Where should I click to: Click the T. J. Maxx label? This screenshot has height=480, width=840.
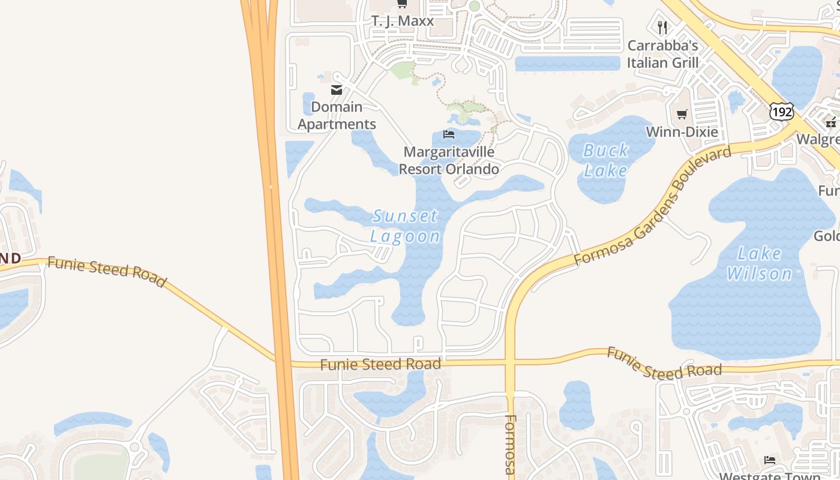point(403,21)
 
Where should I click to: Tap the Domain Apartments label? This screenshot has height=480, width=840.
point(337,116)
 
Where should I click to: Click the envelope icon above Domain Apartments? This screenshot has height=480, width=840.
point(337,90)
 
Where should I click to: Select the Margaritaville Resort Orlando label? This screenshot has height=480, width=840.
point(449,161)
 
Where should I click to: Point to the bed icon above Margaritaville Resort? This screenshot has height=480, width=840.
point(449,134)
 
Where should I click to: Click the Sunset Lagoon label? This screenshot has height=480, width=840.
point(405,226)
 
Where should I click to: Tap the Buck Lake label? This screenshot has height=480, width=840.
point(606,160)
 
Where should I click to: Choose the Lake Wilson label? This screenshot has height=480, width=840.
point(760,263)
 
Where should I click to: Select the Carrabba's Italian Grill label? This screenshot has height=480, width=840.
point(663,54)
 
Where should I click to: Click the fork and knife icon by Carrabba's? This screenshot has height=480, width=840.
point(662,28)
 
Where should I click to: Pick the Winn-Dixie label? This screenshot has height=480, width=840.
point(682,132)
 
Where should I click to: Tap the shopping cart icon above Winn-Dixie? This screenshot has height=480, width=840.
point(682,114)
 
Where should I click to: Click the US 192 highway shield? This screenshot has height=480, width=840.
point(782,111)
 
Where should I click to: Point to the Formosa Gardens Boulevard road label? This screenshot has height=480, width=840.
point(653,205)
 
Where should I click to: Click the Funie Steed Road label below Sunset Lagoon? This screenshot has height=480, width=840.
point(380,364)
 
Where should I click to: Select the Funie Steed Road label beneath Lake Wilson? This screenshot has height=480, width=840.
point(664,364)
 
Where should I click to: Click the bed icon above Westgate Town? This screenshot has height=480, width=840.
point(770,460)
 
